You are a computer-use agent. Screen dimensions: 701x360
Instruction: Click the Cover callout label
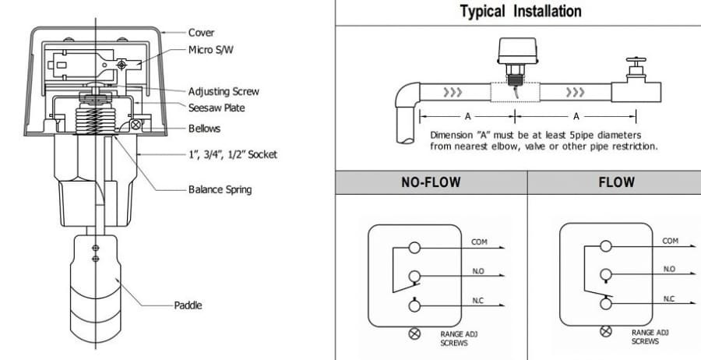[201, 33]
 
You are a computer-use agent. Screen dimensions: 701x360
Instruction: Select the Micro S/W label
[210, 50]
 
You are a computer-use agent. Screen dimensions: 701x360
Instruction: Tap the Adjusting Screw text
[224, 92]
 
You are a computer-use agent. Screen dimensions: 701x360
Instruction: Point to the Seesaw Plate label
[217, 108]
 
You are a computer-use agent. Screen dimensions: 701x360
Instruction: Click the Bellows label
[204, 129]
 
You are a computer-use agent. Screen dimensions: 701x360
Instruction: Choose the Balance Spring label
[220, 189]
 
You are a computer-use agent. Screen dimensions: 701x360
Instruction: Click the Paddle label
[188, 305]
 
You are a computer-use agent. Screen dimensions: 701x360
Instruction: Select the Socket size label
[232, 155]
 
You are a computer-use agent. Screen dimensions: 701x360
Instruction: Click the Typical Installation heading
[521, 11]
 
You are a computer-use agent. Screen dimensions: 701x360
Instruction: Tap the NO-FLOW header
[431, 182]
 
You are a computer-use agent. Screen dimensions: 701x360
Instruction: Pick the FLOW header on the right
[617, 182]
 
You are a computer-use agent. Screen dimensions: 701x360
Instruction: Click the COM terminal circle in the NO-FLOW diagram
[414, 247]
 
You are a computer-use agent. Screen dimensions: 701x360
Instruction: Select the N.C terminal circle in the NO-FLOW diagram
[414, 305]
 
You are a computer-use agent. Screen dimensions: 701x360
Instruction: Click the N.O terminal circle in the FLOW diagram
[606, 274]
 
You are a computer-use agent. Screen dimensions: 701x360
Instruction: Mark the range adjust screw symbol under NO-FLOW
[415, 334]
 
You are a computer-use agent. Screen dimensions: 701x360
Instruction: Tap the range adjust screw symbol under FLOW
[606, 331]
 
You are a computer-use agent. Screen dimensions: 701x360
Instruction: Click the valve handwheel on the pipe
[636, 59]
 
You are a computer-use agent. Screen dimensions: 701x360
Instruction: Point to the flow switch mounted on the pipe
[517, 62]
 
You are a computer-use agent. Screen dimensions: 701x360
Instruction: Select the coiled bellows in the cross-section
[95, 118]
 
